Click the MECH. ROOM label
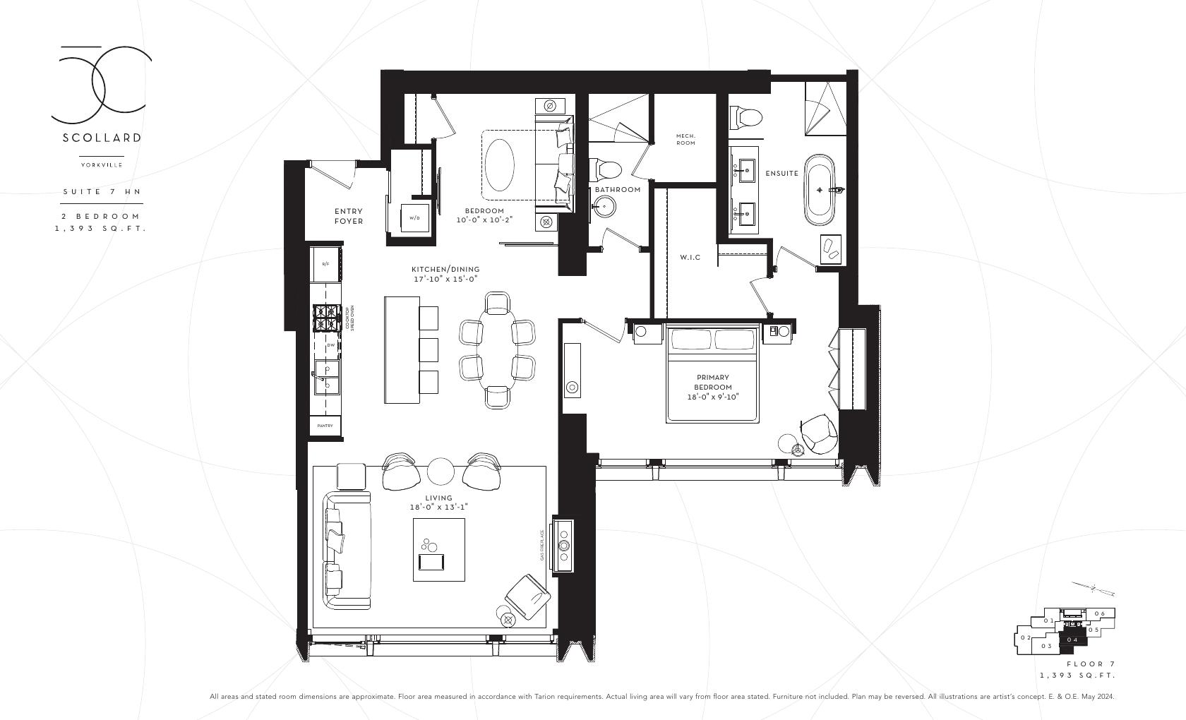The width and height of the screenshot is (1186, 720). tap(685, 139)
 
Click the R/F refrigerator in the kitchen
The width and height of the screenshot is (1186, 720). tap(325, 264)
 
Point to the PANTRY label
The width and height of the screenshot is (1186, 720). tap(325, 426)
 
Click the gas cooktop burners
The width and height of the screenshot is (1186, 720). tap(325, 317)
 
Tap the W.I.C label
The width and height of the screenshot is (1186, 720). tap(690, 258)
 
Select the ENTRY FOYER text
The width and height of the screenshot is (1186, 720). tap(349, 216)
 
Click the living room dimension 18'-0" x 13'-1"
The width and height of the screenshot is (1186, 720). tap(438, 507)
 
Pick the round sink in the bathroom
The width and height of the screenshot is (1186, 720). tap(605, 206)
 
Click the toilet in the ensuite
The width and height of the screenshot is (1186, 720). tap(746, 115)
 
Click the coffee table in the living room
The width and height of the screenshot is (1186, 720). tap(438, 549)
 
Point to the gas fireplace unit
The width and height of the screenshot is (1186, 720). tap(564, 545)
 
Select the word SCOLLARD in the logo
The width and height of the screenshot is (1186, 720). tap(102, 138)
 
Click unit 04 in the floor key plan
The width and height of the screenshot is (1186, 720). tap(1072, 640)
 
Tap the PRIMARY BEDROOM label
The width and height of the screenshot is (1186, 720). tap(712, 383)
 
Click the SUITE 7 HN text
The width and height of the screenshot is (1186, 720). tap(102, 191)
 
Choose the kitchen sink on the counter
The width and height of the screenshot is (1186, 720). tap(327, 376)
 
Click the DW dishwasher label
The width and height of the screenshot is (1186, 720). tap(330, 345)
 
